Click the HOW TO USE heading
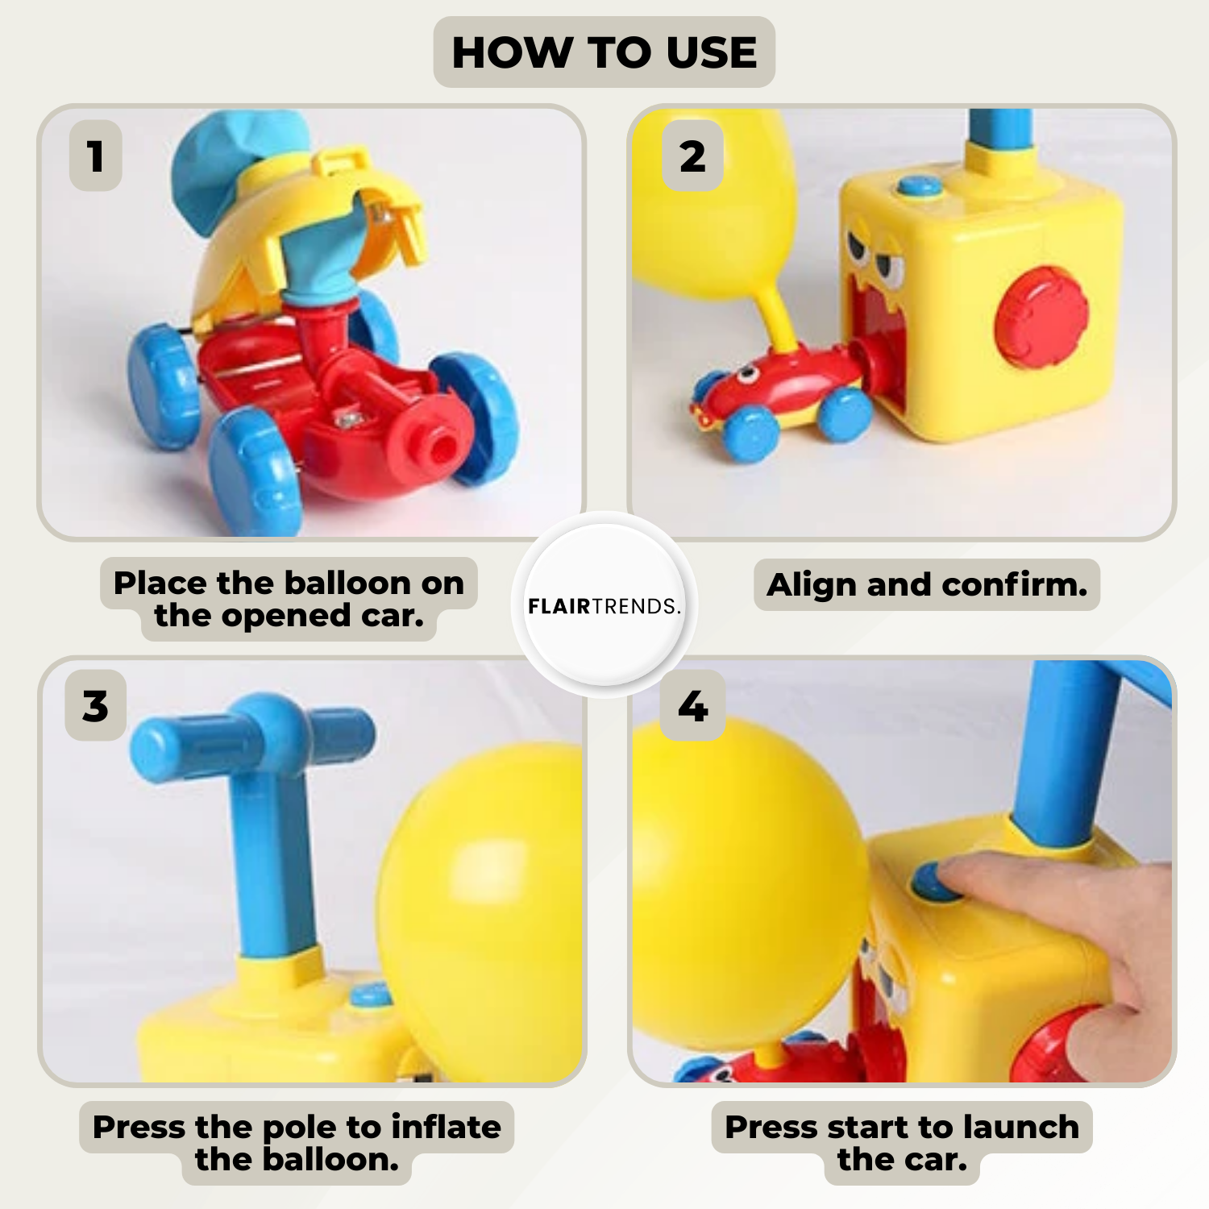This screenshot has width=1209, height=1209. (604, 52)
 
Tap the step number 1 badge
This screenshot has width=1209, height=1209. (96, 156)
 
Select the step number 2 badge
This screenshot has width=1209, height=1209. (692, 156)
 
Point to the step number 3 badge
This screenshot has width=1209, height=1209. (95, 705)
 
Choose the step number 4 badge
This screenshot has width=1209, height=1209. (692, 705)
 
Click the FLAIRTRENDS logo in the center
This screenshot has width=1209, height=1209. (604, 605)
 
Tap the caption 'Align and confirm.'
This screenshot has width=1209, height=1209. (927, 584)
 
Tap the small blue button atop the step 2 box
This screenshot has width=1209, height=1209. (920, 186)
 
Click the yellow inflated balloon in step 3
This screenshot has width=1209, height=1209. (481, 911)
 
